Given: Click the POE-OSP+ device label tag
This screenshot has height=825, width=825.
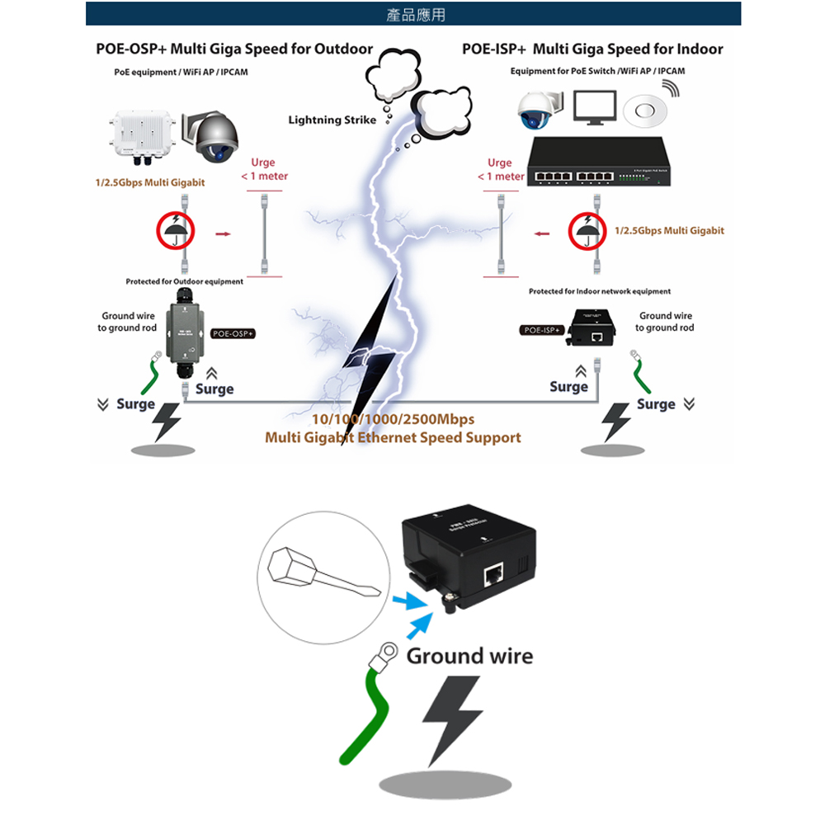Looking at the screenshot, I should [233, 334].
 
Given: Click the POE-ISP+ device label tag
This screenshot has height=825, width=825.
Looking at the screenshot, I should [541, 330].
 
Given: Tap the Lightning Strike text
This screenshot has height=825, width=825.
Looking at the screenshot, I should [332, 120].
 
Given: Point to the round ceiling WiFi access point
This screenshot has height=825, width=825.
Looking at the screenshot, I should [645, 111].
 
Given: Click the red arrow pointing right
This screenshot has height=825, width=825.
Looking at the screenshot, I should [222, 234].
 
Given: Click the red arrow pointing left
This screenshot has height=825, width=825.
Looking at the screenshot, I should [541, 234].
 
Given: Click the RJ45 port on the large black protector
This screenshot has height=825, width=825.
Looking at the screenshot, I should [493, 571].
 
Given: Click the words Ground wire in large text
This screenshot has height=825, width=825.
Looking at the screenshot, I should [469, 657].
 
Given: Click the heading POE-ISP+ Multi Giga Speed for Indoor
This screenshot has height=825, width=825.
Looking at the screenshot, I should [592, 49].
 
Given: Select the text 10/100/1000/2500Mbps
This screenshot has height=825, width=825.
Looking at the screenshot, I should [392, 420].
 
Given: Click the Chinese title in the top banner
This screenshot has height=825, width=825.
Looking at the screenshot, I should [415, 15].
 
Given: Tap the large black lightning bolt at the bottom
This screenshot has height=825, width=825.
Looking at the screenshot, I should [451, 720].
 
